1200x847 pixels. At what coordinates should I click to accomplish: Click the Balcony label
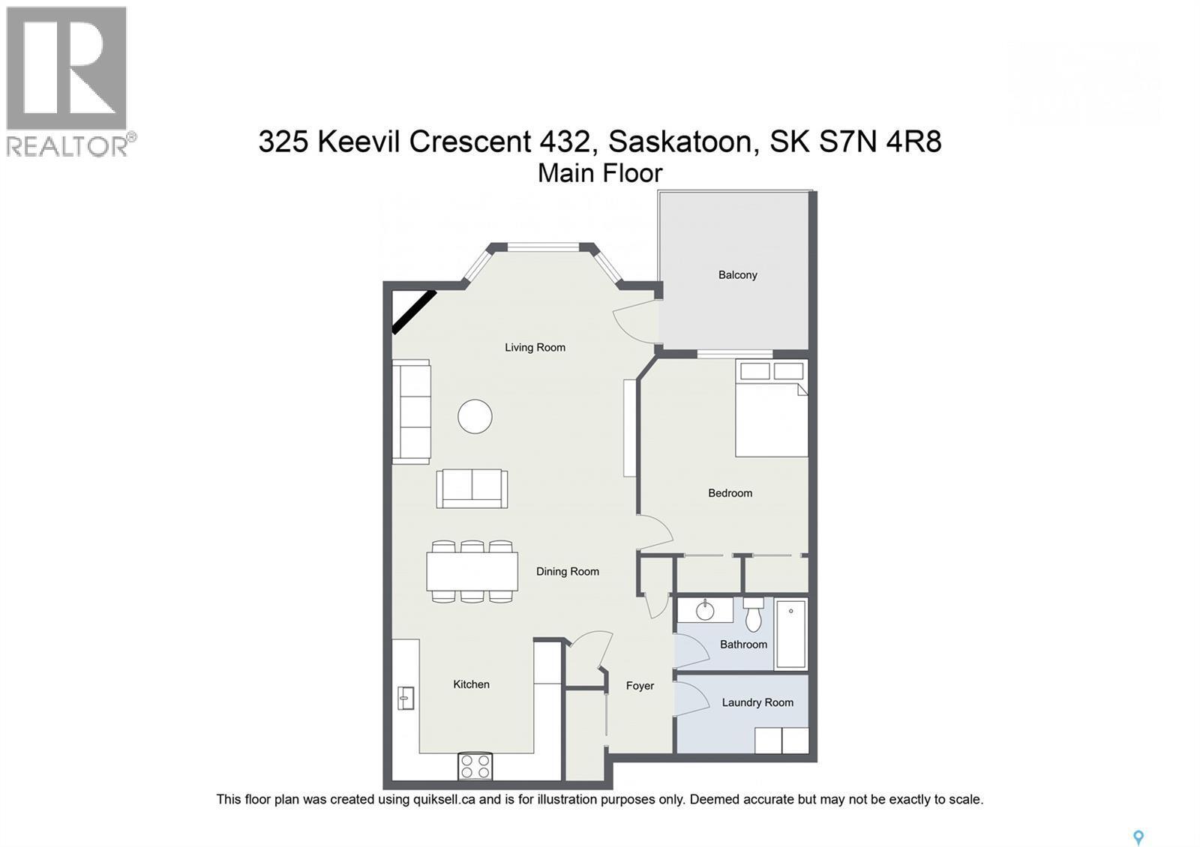coord(737,275)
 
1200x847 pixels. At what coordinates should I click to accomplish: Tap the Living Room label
coord(535,348)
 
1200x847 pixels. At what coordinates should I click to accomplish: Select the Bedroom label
coord(730,493)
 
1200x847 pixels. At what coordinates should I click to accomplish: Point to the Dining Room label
coord(567,572)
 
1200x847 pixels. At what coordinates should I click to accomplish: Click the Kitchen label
coord(471,684)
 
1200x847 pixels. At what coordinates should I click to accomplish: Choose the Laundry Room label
coord(757,702)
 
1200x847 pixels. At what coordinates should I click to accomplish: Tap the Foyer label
coord(640,686)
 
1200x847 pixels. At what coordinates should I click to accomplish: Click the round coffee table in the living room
coord(475,416)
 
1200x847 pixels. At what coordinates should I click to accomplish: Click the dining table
coord(472,572)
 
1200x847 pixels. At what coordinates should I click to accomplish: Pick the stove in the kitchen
coord(475,766)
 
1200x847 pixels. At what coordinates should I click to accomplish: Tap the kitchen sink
coord(405,698)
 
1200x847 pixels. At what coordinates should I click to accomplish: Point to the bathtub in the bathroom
coord(790,634)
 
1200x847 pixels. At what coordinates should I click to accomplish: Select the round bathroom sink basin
coord(705,610)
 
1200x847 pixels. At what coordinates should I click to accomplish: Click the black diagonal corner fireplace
coord(413,312)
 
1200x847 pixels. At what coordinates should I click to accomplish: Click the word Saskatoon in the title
coord(680,141)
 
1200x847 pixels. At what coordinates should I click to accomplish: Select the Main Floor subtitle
coord(600,174)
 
